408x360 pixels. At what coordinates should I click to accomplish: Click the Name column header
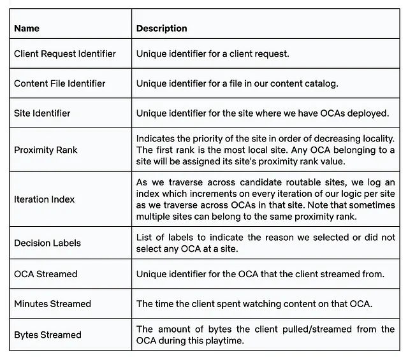point(27,29)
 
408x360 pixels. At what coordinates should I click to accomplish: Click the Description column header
point(161,29)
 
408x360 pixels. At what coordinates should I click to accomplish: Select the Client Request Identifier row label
point(65,54)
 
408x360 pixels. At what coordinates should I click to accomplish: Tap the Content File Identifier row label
point(60,83)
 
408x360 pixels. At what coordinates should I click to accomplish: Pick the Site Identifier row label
point(42,113)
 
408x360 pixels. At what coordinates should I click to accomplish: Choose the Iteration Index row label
point(44,199)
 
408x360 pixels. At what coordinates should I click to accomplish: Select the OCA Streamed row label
point(45,274)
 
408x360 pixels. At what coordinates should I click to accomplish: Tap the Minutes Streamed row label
point(52,304)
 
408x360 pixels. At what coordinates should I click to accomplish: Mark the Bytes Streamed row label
point(48,335)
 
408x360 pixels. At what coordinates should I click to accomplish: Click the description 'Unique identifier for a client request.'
point(213,54)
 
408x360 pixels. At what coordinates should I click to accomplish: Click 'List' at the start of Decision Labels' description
point(145,237)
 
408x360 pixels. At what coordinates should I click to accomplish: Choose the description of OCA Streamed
point(260,274)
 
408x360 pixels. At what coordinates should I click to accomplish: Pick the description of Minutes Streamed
point(254,304)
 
